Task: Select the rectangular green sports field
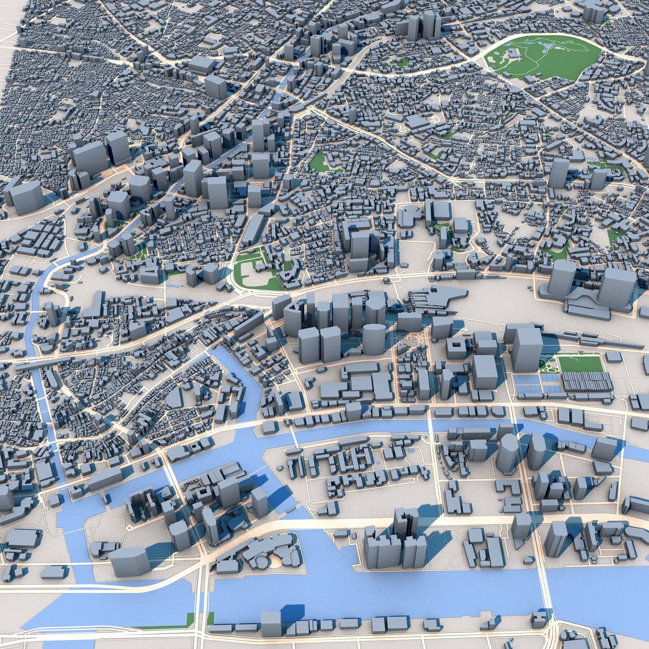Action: (x=579, y=365)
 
